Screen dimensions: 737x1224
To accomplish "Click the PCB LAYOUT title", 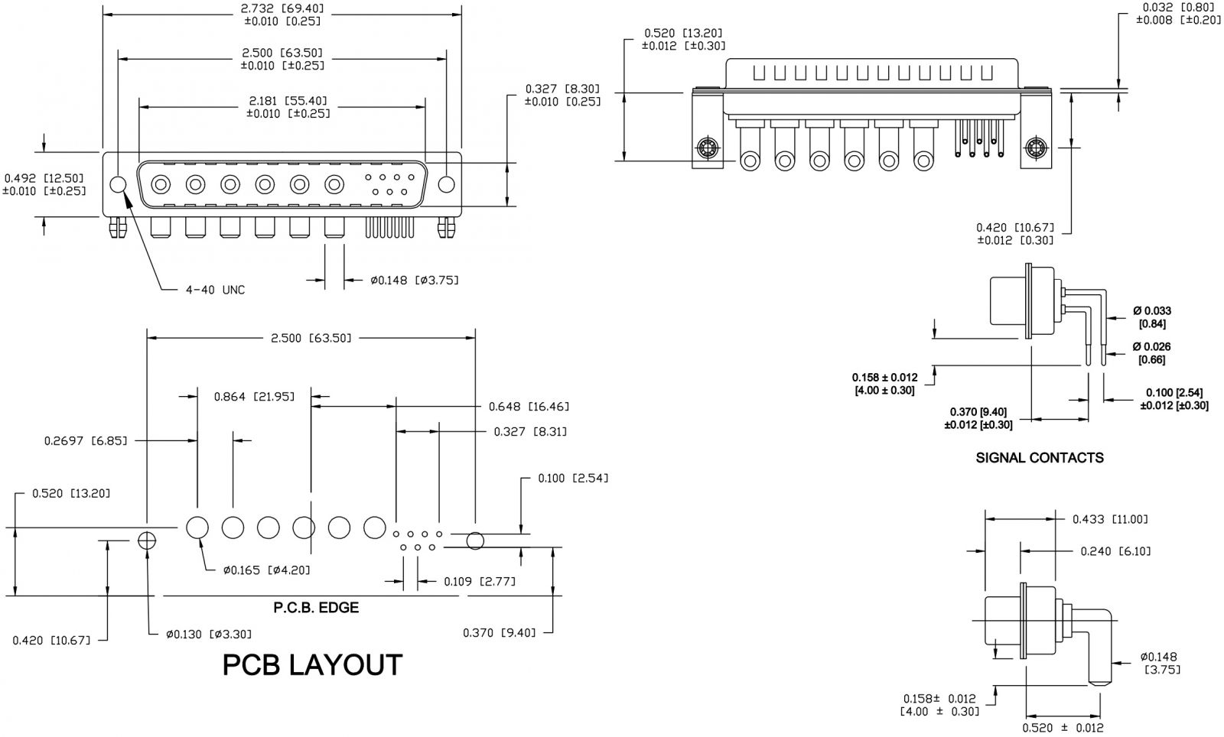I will [x=312, y=665].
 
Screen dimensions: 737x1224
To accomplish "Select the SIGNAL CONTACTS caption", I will [x=1040, y=458].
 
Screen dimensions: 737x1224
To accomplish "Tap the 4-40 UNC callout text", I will [x=216, y=290].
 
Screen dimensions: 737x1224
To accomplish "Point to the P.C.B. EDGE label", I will [x=316, y=609].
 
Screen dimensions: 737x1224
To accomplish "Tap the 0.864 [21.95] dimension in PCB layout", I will [x=254, y=396].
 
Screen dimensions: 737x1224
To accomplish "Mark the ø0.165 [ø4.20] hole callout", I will [x=266, y=570].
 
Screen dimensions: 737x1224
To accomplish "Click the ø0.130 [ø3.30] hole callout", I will [x=209, y=634].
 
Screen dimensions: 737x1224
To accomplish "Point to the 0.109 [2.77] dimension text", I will [x=480, y=582].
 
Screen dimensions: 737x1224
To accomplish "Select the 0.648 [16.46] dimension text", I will [x=529, y=407].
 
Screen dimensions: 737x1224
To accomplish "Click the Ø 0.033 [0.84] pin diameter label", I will [x=1151, y=317].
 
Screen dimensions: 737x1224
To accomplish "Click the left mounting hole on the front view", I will [x=118, y=184].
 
